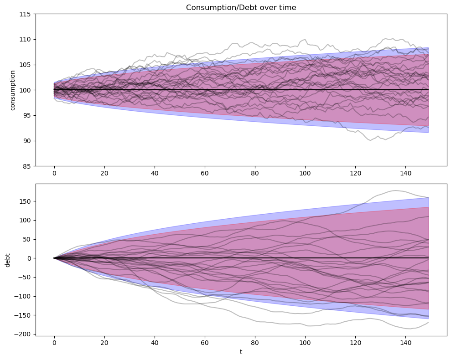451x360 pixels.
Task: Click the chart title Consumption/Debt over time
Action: (x=241, y=7)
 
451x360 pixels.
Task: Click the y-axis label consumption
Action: (x=13, y=90)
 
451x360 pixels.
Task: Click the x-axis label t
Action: (x=241, y=352)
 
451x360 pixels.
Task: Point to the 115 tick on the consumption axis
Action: (x=26, y=14)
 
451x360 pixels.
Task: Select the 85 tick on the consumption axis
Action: (x=27, y=166)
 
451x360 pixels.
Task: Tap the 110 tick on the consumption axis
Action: (x=26, y=40)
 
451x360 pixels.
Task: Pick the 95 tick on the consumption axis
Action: (x=27, y=115)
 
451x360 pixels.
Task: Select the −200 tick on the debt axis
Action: (x=23, y=334)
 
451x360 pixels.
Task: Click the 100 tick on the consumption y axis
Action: (x=26, y=90)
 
